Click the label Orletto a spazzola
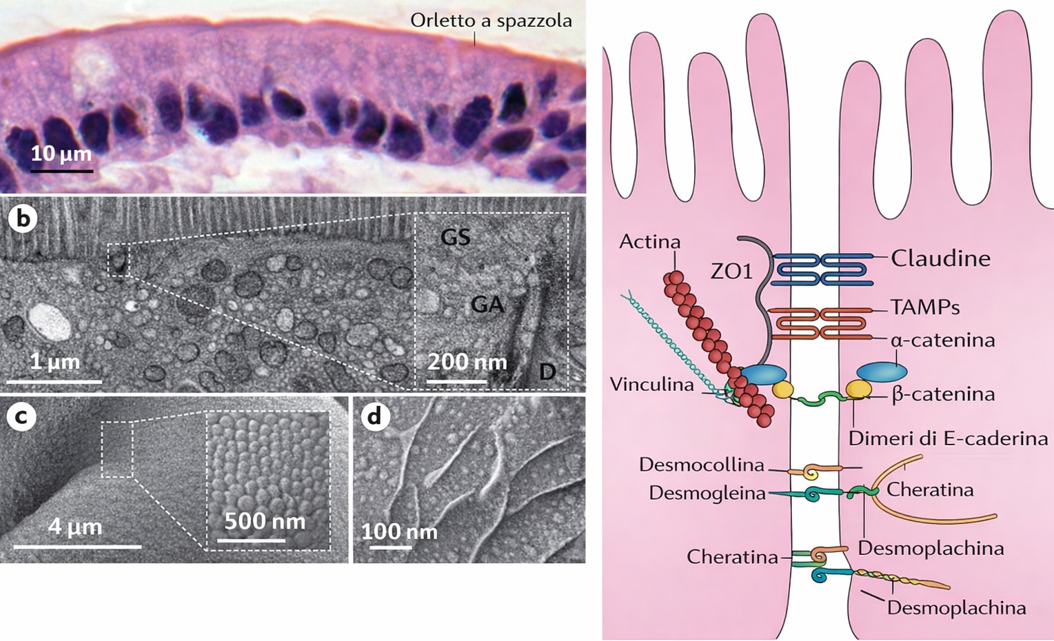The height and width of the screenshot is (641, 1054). (491, 21)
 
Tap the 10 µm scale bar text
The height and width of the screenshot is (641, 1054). (61, 152)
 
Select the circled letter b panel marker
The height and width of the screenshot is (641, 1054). (23, 218)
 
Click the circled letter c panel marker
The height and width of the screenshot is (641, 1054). (21, 416)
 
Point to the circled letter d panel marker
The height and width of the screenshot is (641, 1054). (375, 416)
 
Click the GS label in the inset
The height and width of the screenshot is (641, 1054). (456, 237)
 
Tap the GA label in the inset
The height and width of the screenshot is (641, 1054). (487, 303)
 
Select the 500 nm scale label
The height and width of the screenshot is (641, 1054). (265, 520)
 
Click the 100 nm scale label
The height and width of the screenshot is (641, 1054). (399, 532)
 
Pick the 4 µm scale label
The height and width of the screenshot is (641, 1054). (75, 527)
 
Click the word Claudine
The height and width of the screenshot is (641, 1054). (940, 258)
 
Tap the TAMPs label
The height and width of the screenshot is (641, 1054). (925, 307)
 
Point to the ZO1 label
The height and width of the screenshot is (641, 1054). (731, 272)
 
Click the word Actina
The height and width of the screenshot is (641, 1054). (649, 242)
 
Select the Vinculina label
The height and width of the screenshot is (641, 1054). (651, 385)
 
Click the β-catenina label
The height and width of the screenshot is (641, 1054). (943, 394)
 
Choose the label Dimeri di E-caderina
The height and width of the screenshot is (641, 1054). (948, 438)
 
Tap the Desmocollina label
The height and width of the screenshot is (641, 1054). (701, 465)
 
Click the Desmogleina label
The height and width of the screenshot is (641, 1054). (707, 493)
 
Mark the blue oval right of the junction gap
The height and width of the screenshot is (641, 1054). (882, 372)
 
